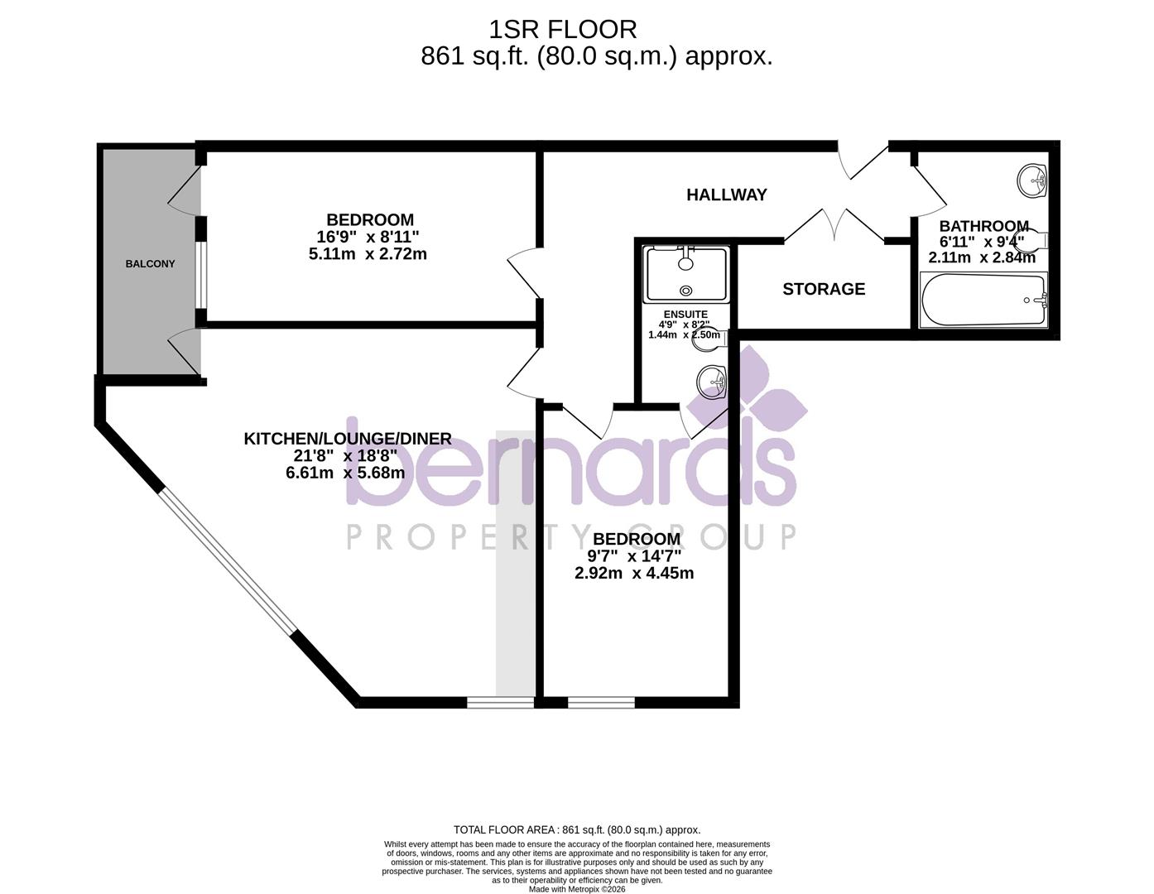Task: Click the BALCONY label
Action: [150, 264]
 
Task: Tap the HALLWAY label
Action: [727, 195]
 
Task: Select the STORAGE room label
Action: [824, 289]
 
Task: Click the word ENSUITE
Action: [685, 315]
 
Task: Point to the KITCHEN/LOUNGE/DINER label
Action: [348, 439]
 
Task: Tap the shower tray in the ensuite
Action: [686, 274]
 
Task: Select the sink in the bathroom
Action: [1031, 180]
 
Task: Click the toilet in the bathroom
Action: [1031, 240]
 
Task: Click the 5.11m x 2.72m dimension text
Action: [368, 254]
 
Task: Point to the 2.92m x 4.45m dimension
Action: [634, 573]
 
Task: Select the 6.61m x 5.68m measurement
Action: [345, 472]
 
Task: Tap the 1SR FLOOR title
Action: [562, 30]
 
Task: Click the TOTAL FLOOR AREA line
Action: [577, 829]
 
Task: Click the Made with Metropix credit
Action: [577, 889]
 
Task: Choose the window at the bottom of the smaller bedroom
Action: [601, 702]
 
